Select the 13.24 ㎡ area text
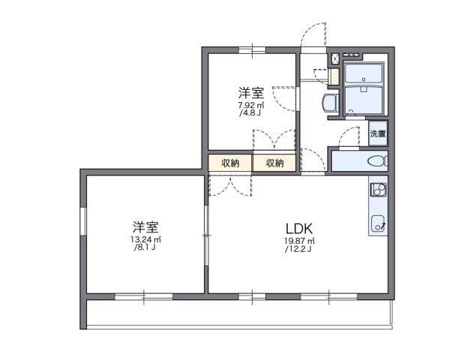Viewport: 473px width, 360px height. click(x=145, y=240)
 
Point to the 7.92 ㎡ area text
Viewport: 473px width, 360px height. click(x=250, y=106)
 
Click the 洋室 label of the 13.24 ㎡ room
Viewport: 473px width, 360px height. click(x=145, y=226)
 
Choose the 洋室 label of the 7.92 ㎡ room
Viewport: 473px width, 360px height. click(x=251, y=93)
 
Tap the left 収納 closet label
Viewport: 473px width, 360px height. click(x=230, y=163)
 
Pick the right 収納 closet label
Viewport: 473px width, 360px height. click(x=274, y=163)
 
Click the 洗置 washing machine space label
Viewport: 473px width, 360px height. click(x=377, y=135)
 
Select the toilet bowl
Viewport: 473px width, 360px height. click(x=377, y=160)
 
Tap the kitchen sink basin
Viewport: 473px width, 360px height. click(x=378, y=222)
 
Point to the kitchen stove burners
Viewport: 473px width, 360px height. click(x=378, y=189)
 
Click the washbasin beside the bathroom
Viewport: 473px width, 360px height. click(x=329, y=103)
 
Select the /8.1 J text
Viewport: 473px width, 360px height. click(x=145, y=248)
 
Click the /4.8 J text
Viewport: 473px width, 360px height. click(x=250, y=114)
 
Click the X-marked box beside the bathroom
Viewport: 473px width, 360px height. click(x=335, y=58)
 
